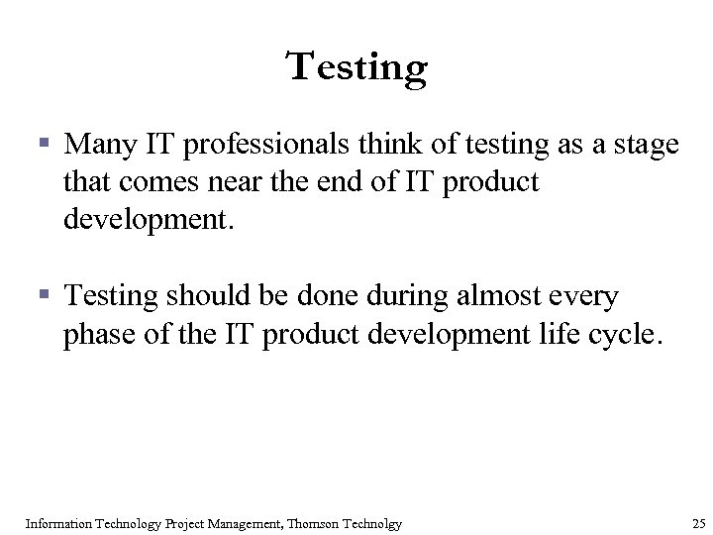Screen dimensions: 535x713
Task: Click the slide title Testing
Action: (356, 68)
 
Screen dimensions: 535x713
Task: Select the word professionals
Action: (260, 146)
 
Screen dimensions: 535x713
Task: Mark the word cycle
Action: (623, 336)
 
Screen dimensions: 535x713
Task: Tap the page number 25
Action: (698, 522)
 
